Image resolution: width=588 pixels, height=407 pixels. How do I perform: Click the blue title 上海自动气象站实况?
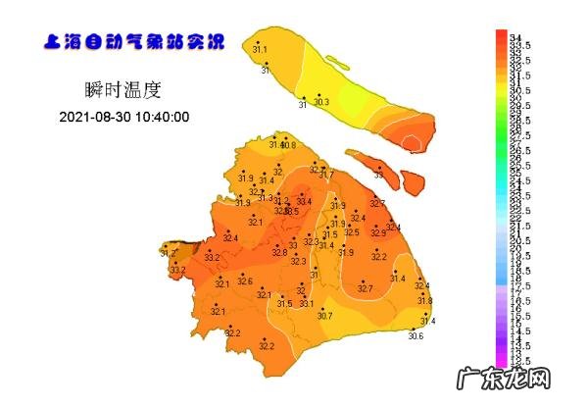[x=134, y=42]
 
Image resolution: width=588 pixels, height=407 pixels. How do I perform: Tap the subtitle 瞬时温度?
[x=123, y=90]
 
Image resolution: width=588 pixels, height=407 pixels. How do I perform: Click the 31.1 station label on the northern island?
[x=260, y=48]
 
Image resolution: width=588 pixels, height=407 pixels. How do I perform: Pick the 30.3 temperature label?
[x=320, y=102]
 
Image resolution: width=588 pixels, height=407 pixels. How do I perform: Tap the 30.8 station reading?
[x=287, y=145]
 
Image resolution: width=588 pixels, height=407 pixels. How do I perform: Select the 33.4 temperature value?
[x=304, y=201]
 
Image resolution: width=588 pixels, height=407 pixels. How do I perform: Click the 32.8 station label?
[x=279, y=253]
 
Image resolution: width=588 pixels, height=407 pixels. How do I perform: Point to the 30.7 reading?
[x=324, y=316]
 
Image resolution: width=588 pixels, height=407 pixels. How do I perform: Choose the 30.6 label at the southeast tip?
[x=416, y=336]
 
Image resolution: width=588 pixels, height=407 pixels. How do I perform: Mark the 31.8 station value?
[x=425, y=300]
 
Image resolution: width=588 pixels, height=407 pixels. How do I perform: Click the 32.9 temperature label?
[x=378, y=232]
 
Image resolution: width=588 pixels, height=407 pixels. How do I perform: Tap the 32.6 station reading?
[x=245, y=280]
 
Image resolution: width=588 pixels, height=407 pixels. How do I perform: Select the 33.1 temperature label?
[x=307, y=304]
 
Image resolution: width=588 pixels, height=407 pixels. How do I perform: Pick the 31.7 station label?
[x=326, y=175]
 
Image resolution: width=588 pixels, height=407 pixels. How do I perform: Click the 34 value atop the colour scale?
[x=515, y=36]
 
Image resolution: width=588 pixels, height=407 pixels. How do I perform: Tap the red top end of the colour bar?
[x=501, y=35]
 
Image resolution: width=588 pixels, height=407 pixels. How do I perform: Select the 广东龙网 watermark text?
[x=538, y=379]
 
